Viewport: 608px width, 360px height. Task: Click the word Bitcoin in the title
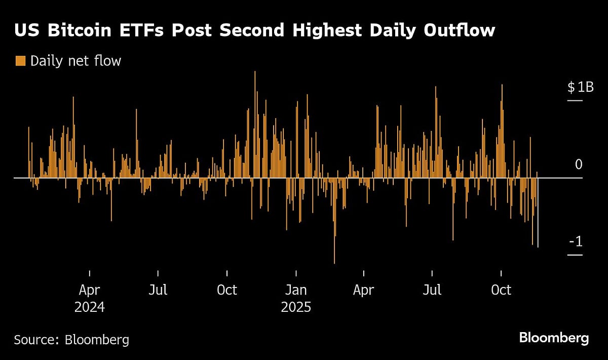click(76, 30)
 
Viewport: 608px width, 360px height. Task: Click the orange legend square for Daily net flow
click(20, 61)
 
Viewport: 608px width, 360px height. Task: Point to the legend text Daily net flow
click(76, 61)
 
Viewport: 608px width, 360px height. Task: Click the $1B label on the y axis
click(580, 87)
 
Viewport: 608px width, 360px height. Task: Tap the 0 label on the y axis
click(579, 164)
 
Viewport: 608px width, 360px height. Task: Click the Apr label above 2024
click(90, 290)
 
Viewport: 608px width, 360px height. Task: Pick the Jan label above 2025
click(295, 290)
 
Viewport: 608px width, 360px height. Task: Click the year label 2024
click(90, 307)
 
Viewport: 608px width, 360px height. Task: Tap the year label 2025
click(295, 307)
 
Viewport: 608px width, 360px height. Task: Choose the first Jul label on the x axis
click(158, 290)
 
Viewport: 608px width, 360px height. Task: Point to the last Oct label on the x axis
click(501, 290)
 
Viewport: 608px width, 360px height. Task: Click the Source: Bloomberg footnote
click(71, 339)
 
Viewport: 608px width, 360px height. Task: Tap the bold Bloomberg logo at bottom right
click(554, 338)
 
